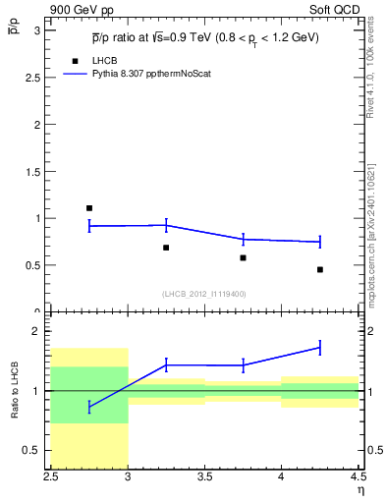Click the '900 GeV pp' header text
pyautogui.click(x=78, y=11)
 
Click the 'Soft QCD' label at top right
pyautogui.click(x=337, y=11)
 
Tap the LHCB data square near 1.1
pyautogui.click(x=89, y=208)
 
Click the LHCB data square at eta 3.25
pyautogui.click(x=166, y=248)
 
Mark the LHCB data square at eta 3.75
pyautogui.click(x=243, y=257)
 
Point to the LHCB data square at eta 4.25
pyautogui.click(x=320, y=269)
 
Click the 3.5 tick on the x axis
pyautogui.click(x=204, y=478)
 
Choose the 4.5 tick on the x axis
pyautogui.click(x=358, y=478)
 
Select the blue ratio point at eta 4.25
pyautogui.click(x=320, y=348)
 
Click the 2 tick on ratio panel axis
pyautogui.click(x=39, y=331)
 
